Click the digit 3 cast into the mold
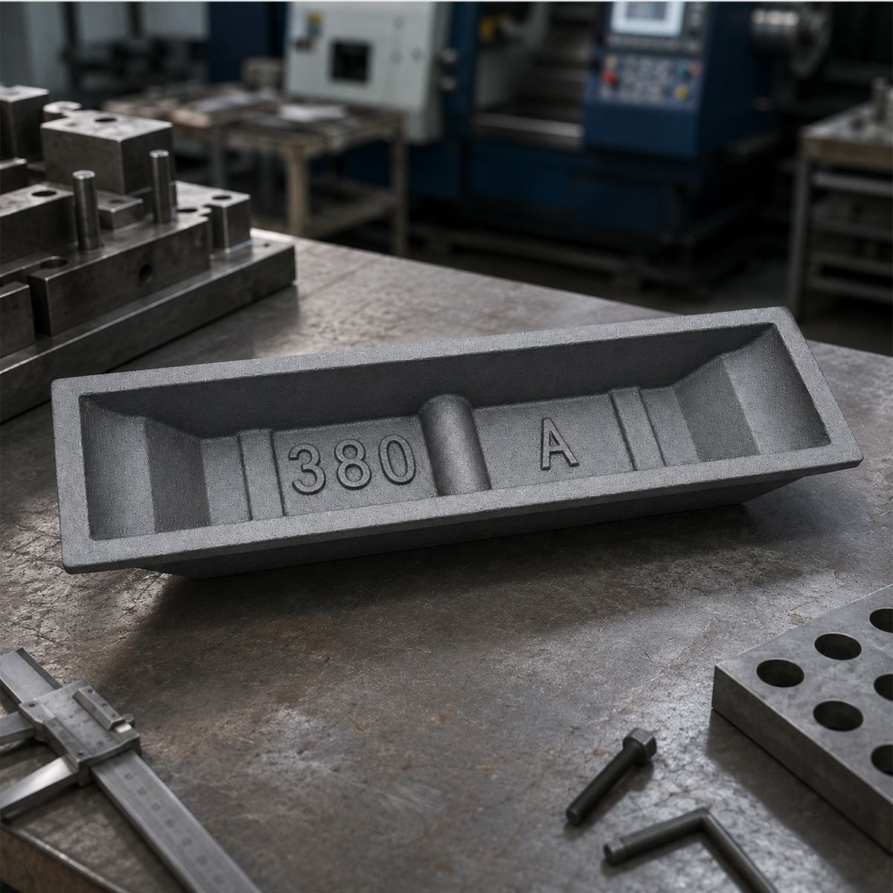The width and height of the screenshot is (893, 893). pos(307,469)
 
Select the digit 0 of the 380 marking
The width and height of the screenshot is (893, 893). pos(395,461)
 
